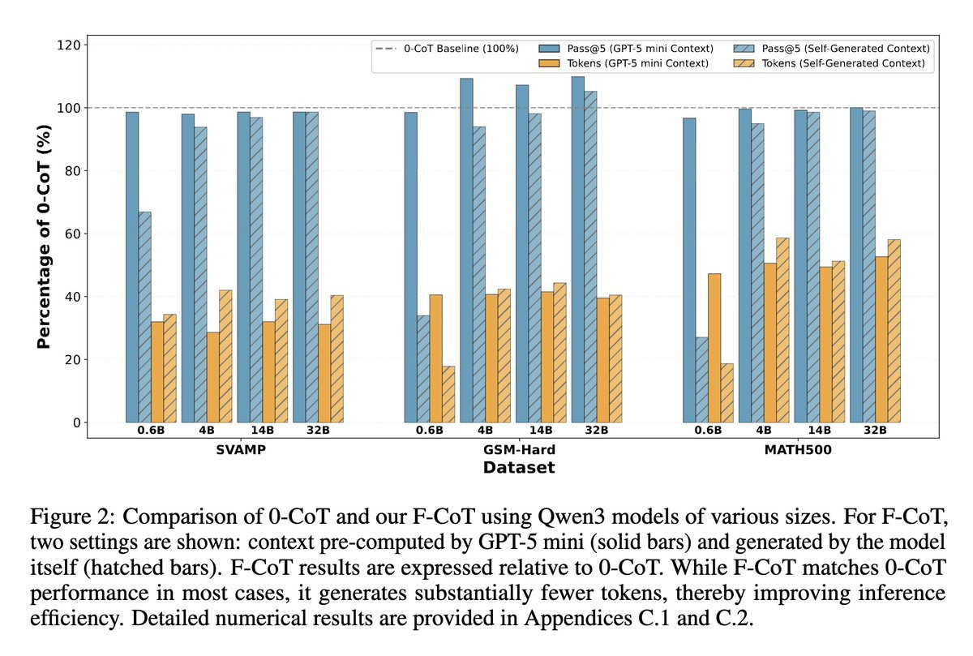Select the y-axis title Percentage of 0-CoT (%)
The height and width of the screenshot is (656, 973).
click(44, 234)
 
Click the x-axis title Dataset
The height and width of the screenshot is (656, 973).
click(519, 468)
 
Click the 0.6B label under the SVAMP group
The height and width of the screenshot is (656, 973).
click(151, 431)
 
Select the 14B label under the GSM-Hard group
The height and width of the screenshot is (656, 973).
click(541, 431)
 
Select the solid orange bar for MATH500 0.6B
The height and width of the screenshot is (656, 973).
click(714, 348)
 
